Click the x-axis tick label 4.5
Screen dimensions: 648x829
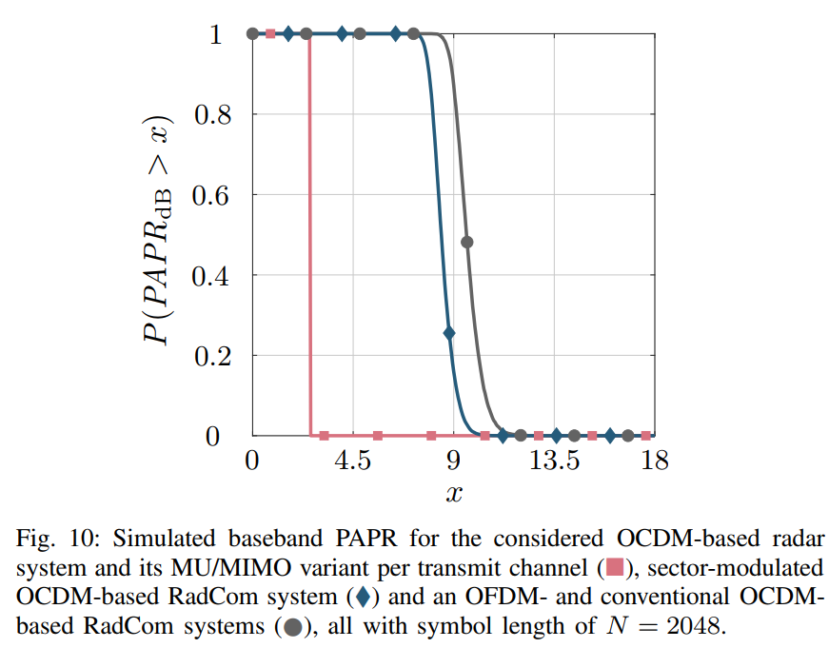point(352,461)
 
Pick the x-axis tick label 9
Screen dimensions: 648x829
point(454,461)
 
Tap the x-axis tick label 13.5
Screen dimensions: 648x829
point(555,461)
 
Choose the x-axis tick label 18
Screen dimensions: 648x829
point(655,461)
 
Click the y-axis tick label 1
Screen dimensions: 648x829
point(216,34)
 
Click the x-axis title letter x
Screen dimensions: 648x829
point(454,495)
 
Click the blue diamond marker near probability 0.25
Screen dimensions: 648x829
point(449,333)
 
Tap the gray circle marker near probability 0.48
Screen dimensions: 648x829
point(466,242)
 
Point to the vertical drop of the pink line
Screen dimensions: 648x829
point(309,238)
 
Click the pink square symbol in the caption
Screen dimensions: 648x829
point(616,569)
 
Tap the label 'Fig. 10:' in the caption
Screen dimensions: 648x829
point(49,539)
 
